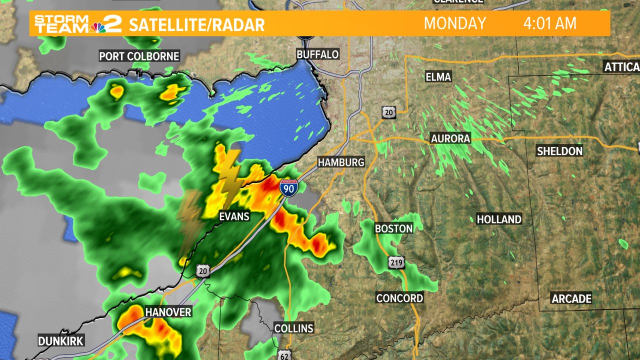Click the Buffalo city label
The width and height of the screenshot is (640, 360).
(317, 54)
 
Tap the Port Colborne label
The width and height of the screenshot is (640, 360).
(139, 56)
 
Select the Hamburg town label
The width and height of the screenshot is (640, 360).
(341, 162)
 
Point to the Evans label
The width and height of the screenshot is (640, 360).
(234, 216)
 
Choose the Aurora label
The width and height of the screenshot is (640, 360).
(450, 138)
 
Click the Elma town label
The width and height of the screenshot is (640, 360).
(438, 76)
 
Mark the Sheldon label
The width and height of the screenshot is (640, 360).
(559, 150)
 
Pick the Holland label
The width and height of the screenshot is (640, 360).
(499, 219)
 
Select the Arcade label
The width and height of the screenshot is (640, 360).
(571, 298)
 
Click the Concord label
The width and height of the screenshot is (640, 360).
(399, 298)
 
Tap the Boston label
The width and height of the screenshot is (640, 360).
(394, 228)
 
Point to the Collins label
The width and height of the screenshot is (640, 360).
(293, 328)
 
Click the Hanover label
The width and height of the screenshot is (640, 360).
(168, 312)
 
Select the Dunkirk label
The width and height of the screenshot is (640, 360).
(61, 341)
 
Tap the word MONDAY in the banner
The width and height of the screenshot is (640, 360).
(455, 23)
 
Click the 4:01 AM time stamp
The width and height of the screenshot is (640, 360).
(550, 23)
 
